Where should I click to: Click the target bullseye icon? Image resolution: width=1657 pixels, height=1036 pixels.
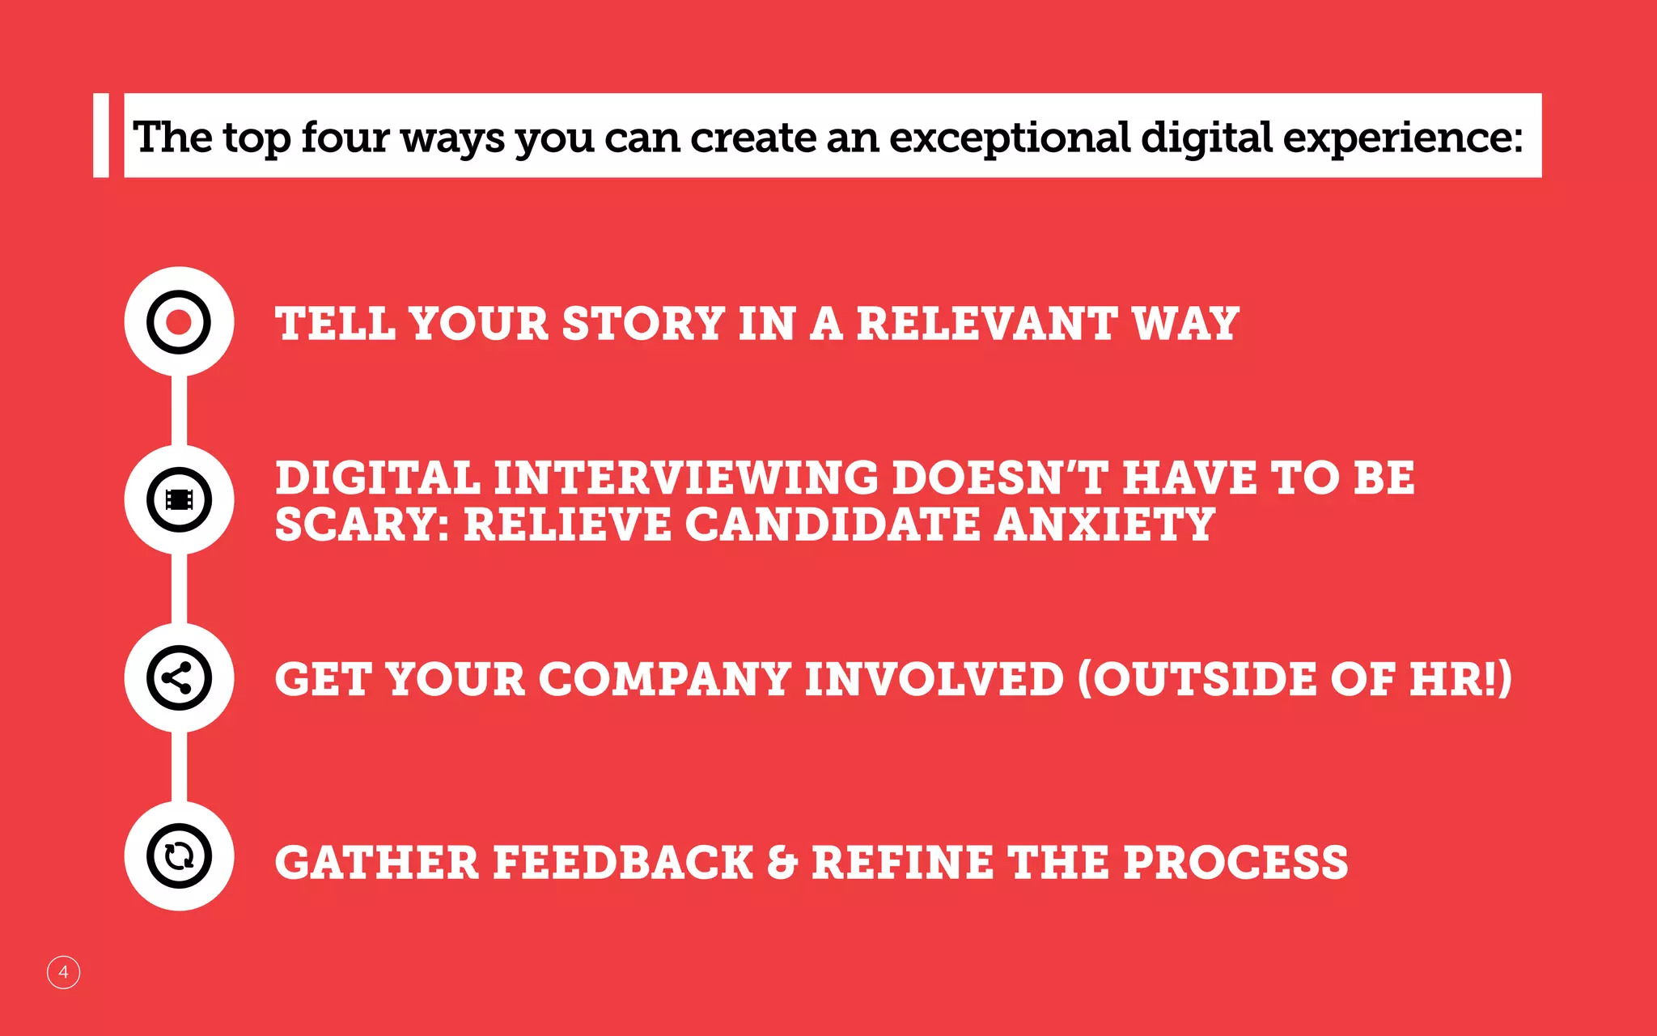coord(179,322)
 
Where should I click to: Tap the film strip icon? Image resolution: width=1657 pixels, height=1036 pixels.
coord(179,499)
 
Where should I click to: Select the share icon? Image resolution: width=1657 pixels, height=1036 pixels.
coord(179,678)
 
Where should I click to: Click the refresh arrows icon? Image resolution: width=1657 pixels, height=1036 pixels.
coord(179,856)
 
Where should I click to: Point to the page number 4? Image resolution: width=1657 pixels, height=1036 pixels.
coord(63,972)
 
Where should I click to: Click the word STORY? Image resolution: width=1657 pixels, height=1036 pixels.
coord(643,324)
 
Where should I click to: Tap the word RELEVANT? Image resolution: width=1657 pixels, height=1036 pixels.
coord(987,324)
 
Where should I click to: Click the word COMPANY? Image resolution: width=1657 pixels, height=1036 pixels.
coord(664,678)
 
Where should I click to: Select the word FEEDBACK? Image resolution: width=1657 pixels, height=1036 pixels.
coord(623,862)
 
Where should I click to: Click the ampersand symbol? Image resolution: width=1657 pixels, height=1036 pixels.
coord(782,862)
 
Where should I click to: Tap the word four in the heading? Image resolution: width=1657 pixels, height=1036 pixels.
coord(345,138)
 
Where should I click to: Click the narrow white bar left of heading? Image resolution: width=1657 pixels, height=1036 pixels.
coord(101,135)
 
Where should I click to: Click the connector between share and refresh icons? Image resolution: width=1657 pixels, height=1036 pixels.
coord(179,766)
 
